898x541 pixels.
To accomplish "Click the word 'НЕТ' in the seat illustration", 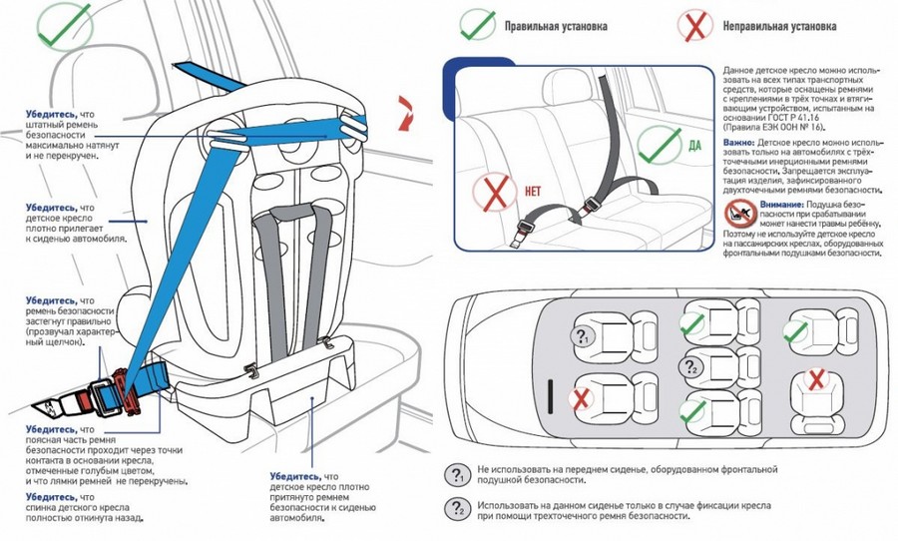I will pos(532,188).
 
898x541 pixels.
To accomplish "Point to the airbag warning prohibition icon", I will pos(739,211).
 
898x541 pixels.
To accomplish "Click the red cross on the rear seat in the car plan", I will pos(815,379).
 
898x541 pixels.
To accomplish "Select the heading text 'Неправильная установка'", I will pos(779,24).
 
